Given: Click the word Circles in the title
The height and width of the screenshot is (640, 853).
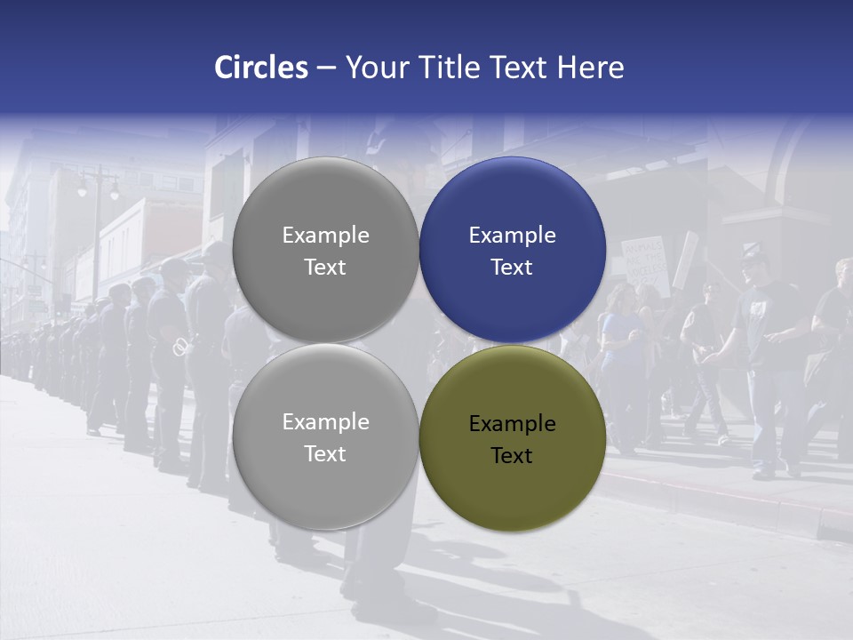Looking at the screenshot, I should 261,68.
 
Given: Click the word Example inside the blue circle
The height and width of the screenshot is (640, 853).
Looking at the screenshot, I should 513,236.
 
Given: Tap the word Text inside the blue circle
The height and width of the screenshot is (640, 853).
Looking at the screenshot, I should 513,268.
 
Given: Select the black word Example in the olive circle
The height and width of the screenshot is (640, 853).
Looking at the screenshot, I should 513,424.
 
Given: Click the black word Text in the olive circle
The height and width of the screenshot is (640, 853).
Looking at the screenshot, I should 513,456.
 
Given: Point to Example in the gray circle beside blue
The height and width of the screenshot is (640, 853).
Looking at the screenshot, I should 325,236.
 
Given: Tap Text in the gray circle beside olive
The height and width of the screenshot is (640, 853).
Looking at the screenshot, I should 325,454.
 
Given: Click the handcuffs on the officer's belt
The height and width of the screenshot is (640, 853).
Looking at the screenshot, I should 181,346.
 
